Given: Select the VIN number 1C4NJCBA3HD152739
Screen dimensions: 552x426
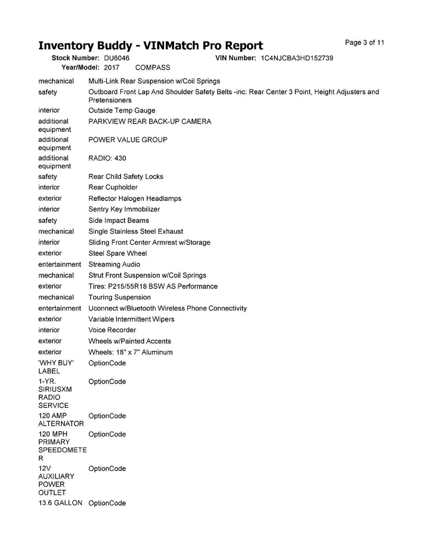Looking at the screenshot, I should click(x=296, y=58).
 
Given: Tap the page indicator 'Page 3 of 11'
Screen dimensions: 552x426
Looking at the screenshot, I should click(x=364, y=43).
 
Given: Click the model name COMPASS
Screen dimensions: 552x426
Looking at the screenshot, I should click(x=153, y=67).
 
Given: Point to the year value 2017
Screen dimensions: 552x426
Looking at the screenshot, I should click(x=111, y=67).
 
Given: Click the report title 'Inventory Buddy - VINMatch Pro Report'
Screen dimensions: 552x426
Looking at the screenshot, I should click(x=150, y=45).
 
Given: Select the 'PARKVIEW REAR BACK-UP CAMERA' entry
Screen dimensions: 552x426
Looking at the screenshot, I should click(x=149, y=121).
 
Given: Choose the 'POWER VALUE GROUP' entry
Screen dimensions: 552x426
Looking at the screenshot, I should click(x=128, y=140).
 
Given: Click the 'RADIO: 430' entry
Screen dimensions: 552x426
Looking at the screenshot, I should click(x=107, y=158).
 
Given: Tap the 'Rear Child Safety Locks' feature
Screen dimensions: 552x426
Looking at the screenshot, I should click(x=126, y=177).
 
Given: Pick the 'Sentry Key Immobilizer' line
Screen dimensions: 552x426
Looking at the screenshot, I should click(x=124, y=209).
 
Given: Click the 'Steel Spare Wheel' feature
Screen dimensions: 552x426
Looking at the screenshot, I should click(x=117, y=253).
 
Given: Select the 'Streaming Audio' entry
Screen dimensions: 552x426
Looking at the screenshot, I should click(x=114, y=264).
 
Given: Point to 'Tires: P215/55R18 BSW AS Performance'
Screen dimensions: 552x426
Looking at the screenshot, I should click(x=153, y=286).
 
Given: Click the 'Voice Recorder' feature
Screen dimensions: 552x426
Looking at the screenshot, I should click(x=112, y=330).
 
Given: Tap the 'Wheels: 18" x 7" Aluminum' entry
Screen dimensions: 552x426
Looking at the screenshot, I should click(x=130, y=352).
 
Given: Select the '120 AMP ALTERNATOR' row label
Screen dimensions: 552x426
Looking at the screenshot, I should click(x=61, y=420).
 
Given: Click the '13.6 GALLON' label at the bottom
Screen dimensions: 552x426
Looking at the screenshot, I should click(x=60, y=503).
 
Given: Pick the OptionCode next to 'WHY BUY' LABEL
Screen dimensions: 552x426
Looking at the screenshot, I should click(x=107, y=363).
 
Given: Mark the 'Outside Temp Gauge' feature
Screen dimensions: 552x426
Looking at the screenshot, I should click(x=122, y=110).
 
